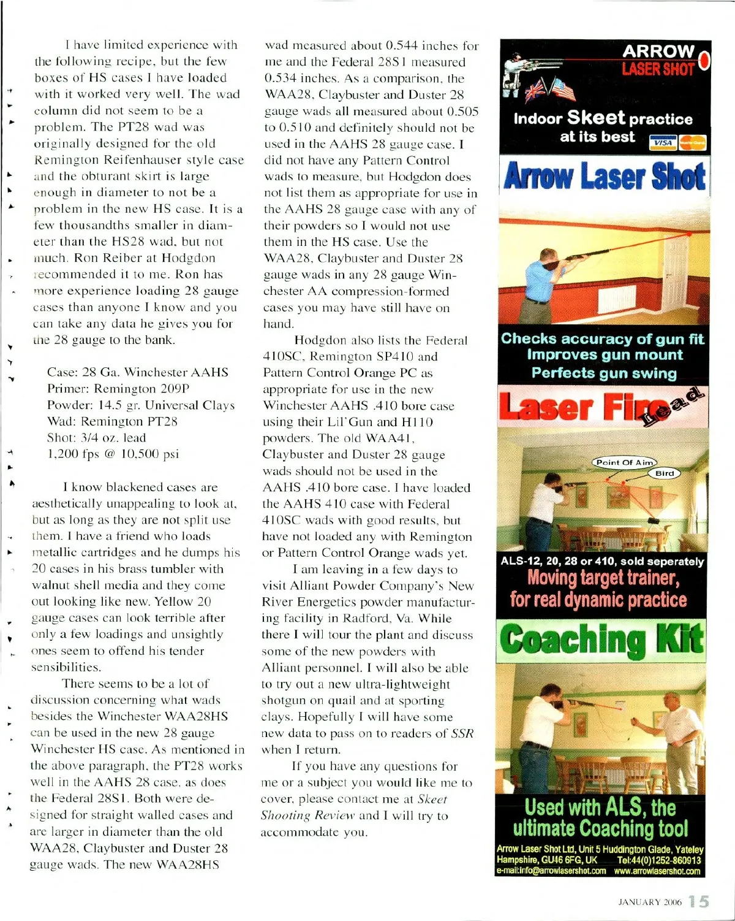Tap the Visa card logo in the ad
tap(663, 143)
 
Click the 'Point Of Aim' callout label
tap(624, 462)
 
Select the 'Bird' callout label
tap(665, 473)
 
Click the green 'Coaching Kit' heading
tap(602, 640)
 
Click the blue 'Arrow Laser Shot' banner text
tap(604, 176)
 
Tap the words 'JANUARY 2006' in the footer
tap(649, 902)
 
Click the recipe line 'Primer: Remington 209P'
tap(118, 389)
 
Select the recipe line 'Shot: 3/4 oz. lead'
tap(96, 438)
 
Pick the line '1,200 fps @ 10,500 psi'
tap(113, 454)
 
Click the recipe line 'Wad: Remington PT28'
tap(112, 421)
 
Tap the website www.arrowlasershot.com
tap(657, 871)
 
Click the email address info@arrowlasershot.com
tap(551, 871)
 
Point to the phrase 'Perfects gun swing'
tap(604, 373)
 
